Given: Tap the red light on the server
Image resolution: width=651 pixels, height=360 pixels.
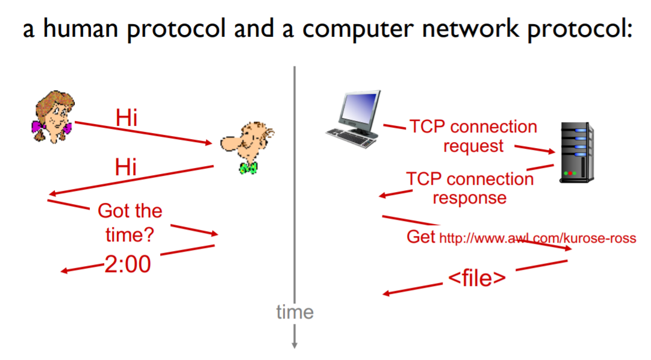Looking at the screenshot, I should [x=565, y=174].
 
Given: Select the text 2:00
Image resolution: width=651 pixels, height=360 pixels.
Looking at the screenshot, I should [x=128, y=264].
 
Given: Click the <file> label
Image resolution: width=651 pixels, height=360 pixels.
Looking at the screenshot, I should [x=476, y=278].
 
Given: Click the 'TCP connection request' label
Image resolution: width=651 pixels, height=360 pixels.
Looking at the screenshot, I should [x=473, y=136].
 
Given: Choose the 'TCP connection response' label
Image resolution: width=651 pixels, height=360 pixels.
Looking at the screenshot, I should [x=470, y=188].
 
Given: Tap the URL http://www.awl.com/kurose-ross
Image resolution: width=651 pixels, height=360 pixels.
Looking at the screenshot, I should [x=537, y=238].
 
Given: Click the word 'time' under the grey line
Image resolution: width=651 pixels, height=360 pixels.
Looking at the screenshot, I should [x=294, y=312].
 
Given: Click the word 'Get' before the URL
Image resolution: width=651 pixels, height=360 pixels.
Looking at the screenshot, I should [x=421, y=237].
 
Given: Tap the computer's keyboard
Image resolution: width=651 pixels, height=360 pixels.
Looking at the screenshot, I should [x=352, y=139].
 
